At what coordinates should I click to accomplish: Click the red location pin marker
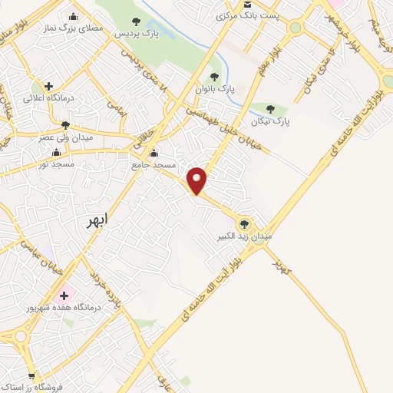(x=197, y=180)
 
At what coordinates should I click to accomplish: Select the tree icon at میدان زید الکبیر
(x=245, y=223)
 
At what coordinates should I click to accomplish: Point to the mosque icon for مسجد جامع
(x=154, y=152)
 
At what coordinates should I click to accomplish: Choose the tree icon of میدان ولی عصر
(x=65, y=124)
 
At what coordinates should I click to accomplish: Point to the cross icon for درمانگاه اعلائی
(x=49, y=86)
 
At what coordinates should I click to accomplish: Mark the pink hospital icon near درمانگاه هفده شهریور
(x=66, y=295)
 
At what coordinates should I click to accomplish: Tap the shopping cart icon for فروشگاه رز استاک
(x=31, y=377)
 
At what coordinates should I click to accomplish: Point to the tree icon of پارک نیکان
(x=270, y=108)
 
